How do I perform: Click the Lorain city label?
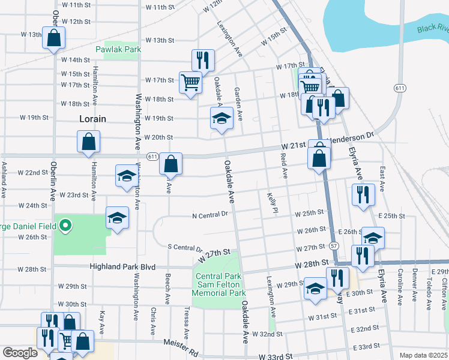(92, 119)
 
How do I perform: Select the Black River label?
(433, 28)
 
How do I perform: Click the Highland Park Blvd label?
(122, 267)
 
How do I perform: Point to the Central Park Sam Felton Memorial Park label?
(218, 285)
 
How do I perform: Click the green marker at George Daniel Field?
(67, 226)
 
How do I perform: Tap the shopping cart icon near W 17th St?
(190, 82)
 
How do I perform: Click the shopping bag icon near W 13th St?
(53, 37)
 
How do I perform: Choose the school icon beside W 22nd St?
(127, 176)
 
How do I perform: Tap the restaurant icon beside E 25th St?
(364, 194)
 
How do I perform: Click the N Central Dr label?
(210, 214)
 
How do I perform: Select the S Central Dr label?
(185, 247)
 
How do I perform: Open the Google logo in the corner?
(20, 353)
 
